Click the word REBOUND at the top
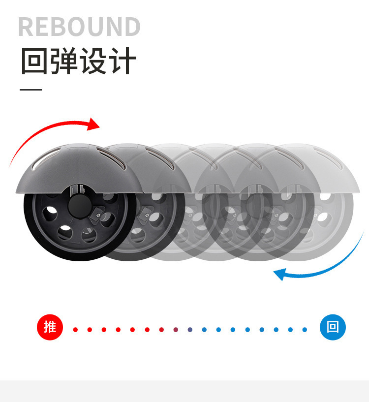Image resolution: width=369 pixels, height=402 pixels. pos(79,27)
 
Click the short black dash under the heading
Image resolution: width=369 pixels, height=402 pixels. pos(31,90)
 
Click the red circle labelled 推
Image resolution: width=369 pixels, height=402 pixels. pos(50,327)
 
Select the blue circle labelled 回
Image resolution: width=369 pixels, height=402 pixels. pos(333,327)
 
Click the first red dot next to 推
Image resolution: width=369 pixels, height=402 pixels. pos(75,330)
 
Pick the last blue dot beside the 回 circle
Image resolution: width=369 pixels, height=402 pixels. pos(305,330)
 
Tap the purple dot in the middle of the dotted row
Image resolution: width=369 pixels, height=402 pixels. pos(176,330)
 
